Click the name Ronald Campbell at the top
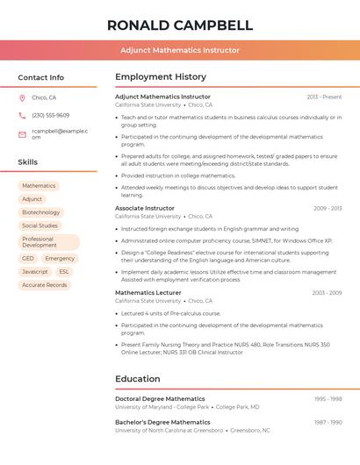tap(180, 25)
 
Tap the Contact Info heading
tap(41, 77)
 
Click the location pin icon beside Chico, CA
tap(22, 97)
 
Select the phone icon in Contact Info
tap(22, 115)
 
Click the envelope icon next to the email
tap(22, 133)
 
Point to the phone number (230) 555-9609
tap(50, 115)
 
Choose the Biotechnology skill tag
tap(41, 212)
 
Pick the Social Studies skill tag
tap(40, 225)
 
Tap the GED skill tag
tap(28, 259)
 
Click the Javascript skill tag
tap(35, 272)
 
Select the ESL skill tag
tap(64, 272)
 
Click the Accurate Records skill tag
tap(45, 285)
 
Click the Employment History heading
tap(161, 77)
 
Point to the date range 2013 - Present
tap(324, 97)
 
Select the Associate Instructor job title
tap(145, 208)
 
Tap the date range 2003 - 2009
tap(327, 293)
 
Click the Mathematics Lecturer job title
tap(148, 292)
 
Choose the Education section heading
tap(138, 379)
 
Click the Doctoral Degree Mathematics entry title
tap(160, 398)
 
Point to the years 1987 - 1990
tap(328, 422)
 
